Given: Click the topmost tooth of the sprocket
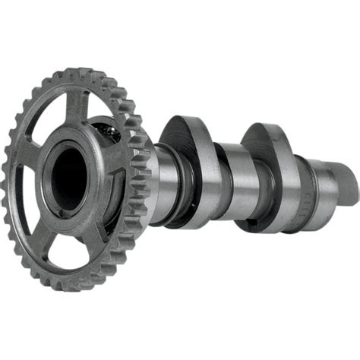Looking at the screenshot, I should [x=76, y=74].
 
